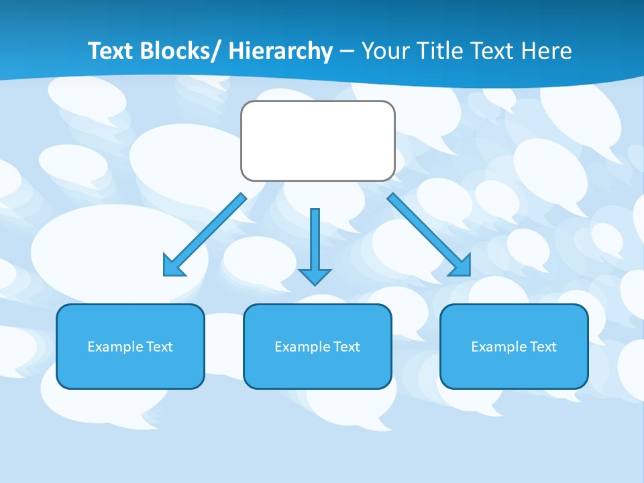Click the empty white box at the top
pyautogui.click(x=317, y=141)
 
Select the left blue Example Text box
pyautogui.click(x=130, y=346)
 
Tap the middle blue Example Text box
pyautogui.click(x=317, y=346)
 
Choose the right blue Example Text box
pyautogui.click(x=514, y=346)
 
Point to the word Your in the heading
pyautogui.click(x=385, y=51)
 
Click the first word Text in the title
pyautogui.click(x=111, y=51)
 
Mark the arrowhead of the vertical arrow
pyautogui.click(x=315, y=276)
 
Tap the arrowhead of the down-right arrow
pyautogui.click(x=462, y=266)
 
